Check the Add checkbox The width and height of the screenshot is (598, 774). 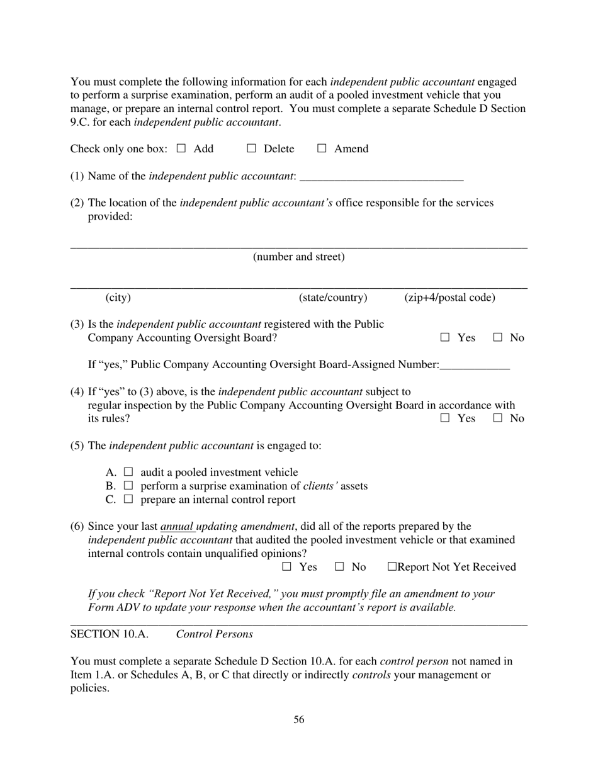pyautogui.click(x=181, y=149)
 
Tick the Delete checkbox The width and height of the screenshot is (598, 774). pyautogui.click(x=251, y=149)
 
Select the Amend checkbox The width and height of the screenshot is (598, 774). pyautogui.click(x=322, y=149)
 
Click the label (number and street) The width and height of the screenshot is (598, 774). pyautogui.click(x=298, y=257)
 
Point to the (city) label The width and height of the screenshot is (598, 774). pyautogui.click(x=118, y=297)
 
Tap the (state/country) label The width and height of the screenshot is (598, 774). pyautogui.click(x=333, y=297)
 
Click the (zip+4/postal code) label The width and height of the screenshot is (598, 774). pyautogui.click(x=449, y=297)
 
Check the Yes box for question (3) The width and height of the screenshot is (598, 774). pyautogui.click(x=445, y=337)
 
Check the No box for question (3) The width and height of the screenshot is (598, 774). pyautogui.click(x=497, y=337)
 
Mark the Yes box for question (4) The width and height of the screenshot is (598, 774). pyautogui.click(x=445, y=418)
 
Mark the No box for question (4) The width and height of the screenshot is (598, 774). pyautogui.click(x=497, y=418)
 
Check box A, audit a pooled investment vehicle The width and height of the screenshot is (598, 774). pyautogui.click(x=128, y=471)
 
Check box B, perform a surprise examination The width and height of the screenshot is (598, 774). pyautogui.click(x=128, y=485)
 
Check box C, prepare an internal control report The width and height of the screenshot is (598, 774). pyautogui.click(x=128, y=499)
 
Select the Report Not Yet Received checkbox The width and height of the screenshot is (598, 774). pyautogui.click(x=392, y=566)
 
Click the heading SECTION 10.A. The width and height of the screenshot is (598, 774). pyautogui.click(x=110, y=634)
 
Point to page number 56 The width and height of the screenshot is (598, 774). pyautogui.click(x=298, y=719)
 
